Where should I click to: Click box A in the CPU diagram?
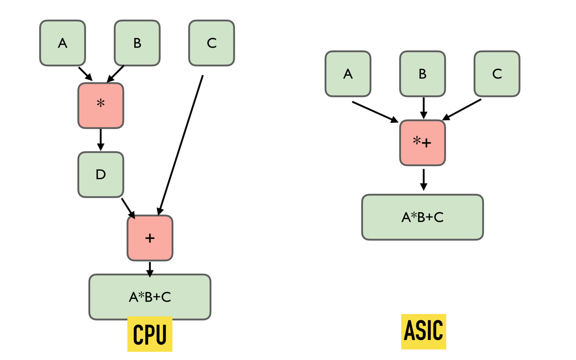pos(62,43)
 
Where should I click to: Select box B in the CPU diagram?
pos(137,43)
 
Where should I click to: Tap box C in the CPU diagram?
pos(212,43)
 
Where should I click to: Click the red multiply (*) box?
pos(101,106)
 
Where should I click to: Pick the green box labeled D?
pos(101,174)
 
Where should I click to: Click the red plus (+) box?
pos(150,238)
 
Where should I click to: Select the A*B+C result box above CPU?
pos(150,297)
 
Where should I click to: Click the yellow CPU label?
pos(150,334)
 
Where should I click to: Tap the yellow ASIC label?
pos(424,331)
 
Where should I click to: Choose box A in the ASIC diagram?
pos(348,74)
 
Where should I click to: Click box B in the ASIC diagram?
pos(422,74)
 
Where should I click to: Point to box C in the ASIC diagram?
pos(497,74)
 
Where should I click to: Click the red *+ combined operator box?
pos(422,143)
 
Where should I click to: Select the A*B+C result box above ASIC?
pos(422,217)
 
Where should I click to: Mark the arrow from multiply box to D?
pos(101,140)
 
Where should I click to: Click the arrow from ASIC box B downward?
pos(424,108)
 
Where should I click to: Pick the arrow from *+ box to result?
pos(424,180)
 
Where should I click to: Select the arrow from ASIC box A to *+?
pos(375,112)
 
